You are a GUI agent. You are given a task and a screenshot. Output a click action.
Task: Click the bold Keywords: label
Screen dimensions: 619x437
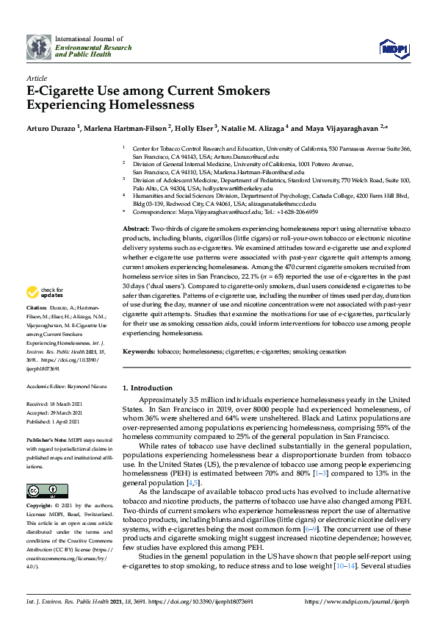139,351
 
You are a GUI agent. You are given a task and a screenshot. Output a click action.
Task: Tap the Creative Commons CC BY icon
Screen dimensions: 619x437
42,490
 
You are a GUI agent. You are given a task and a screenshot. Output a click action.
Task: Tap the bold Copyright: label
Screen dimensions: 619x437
40,507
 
